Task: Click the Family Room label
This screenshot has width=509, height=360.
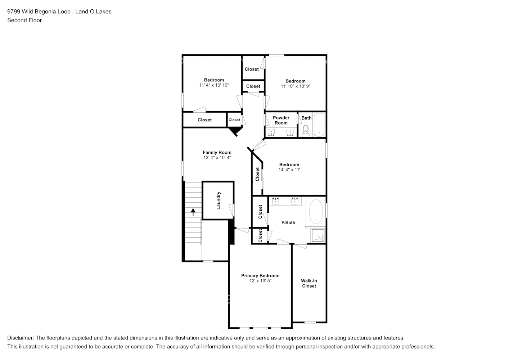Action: coord(217,152)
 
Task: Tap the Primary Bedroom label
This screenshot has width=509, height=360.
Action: coord(260,276)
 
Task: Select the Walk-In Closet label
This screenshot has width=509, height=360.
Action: coord(309,283)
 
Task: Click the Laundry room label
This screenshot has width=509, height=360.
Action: coord(219,201)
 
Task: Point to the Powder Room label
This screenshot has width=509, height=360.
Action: coord(281,120)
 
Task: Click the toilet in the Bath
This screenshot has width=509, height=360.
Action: coord(306,131)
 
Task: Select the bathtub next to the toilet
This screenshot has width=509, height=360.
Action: coord(319,125)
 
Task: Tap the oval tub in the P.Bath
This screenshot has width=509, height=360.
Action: coord(316,211)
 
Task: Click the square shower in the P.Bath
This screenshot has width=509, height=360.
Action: coord(318,235)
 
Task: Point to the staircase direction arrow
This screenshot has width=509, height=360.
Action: coord(193,212)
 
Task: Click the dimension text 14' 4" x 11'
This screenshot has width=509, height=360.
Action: coord(289,170)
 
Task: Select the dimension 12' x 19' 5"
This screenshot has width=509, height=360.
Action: coord(260,281)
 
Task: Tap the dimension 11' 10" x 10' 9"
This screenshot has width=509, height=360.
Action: coord(296,86)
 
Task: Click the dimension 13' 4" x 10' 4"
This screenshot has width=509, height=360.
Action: coord(217,157)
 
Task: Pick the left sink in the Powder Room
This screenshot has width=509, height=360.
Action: coord(272,133)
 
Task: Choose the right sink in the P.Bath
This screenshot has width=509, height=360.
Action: coord(294,201)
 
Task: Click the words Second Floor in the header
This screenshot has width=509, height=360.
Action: coord(24,20)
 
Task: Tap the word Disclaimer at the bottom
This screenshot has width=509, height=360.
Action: coord(20,338)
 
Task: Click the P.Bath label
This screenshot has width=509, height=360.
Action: coord(288,222)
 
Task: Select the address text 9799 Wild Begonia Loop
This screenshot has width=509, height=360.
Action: coord(39,12)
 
